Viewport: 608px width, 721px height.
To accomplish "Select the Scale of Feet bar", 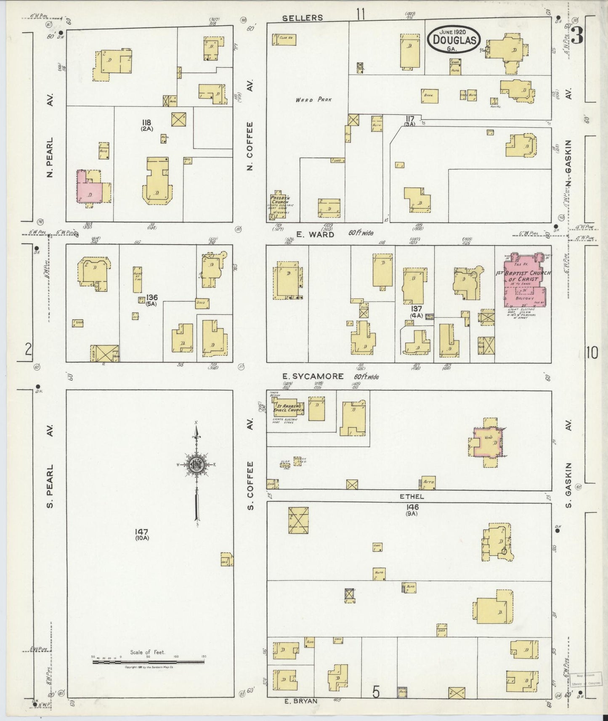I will pyautogui.click(x=149, y=662).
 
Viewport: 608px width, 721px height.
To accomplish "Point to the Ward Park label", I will pyautogui.click(x=313, y=100).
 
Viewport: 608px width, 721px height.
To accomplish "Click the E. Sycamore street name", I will pyautogui.click(x=313, y=376).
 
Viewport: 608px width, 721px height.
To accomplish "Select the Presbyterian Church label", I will pyautogui.click(x=279, y=200).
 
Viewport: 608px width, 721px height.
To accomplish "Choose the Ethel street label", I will pyautogui.click(x=412, y=496).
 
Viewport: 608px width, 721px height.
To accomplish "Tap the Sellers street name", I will pyautogui.click(x=303, y=18).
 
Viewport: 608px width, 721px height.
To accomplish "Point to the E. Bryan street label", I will pyautogui.click(x=300, y=701).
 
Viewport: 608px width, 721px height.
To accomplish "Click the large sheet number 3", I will pyautogui.click(x=577, y=36).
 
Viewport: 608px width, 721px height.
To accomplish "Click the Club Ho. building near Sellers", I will pyautogui.click(x=284, y=39).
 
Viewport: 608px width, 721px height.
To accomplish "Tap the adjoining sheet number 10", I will pyautogui.click(x=592, y=353).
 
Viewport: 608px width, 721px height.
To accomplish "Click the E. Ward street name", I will pyautogui.click(x=315, y=234).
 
